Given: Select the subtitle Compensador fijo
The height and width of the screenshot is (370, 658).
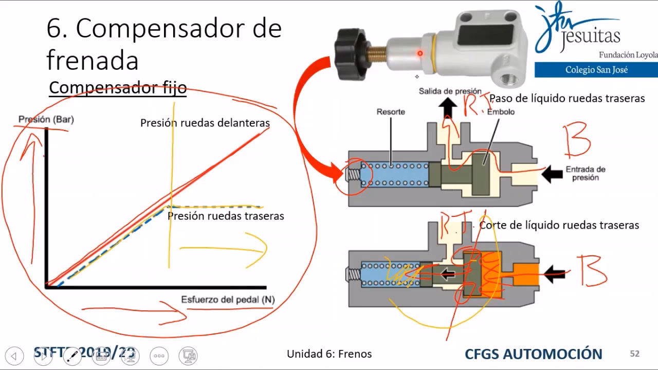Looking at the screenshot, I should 117,87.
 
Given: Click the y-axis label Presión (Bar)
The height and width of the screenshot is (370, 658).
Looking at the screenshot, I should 46,119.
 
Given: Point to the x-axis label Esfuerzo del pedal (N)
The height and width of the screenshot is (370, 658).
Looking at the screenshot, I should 228,300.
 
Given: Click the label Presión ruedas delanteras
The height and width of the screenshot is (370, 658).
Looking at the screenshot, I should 205,123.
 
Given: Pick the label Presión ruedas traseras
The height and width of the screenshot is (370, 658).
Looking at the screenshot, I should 226,216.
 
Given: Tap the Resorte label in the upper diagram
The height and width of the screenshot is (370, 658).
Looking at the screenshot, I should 391,112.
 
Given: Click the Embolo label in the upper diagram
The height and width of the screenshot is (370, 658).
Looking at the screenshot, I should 501,112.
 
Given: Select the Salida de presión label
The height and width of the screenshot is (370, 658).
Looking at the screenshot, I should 450,91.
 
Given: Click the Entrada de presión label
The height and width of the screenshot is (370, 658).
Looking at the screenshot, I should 586,173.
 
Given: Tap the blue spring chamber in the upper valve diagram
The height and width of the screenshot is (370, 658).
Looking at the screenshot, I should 394,174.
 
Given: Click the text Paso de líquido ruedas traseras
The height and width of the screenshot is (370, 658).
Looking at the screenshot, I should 566,98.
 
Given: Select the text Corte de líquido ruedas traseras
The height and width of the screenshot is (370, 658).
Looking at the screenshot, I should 559,225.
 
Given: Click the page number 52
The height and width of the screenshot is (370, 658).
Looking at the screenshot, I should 634,354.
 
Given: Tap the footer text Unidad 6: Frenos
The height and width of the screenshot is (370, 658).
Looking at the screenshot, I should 329,354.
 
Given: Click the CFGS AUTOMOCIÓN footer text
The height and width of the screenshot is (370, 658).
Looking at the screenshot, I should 533,354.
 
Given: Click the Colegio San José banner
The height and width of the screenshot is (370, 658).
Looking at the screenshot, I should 596,70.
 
